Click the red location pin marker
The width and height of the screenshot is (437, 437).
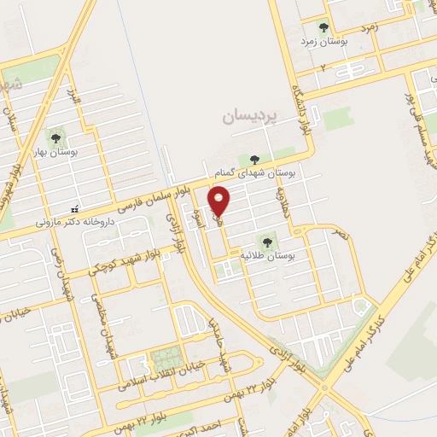tap(220, 201)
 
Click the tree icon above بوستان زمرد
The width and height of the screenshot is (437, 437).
tap(323, 26)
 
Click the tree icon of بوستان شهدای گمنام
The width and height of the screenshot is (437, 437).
tap(253, 159)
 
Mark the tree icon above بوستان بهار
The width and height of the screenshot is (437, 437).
tap(56, 136)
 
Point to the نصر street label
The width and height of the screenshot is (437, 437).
tap(340, 232)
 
